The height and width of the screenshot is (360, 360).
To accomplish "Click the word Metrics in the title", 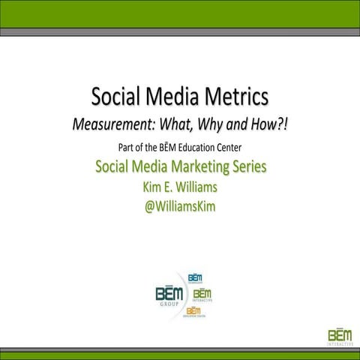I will point(229,97).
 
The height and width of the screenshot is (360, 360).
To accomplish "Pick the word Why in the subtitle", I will point(221,124).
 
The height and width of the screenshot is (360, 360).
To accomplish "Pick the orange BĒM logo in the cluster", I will point(193,310).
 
